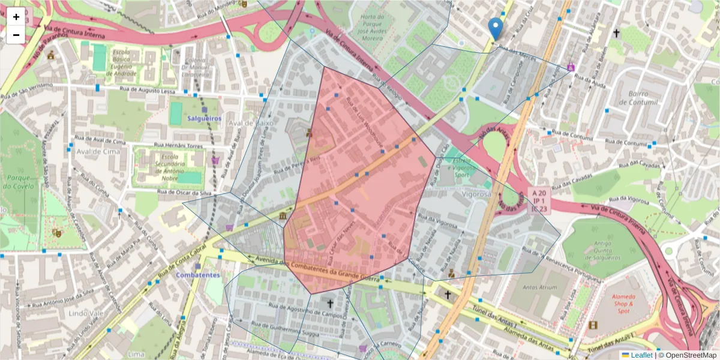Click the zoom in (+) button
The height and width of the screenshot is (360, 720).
click(x=16, y=17)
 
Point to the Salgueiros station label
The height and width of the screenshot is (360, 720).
click(x=204, y=119)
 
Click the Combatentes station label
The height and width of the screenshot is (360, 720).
click(x=197, y=275)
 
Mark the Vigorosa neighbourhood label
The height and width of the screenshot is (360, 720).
click(x=477, y=194)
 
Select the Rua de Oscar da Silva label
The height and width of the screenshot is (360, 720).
click(x=185, y=193)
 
